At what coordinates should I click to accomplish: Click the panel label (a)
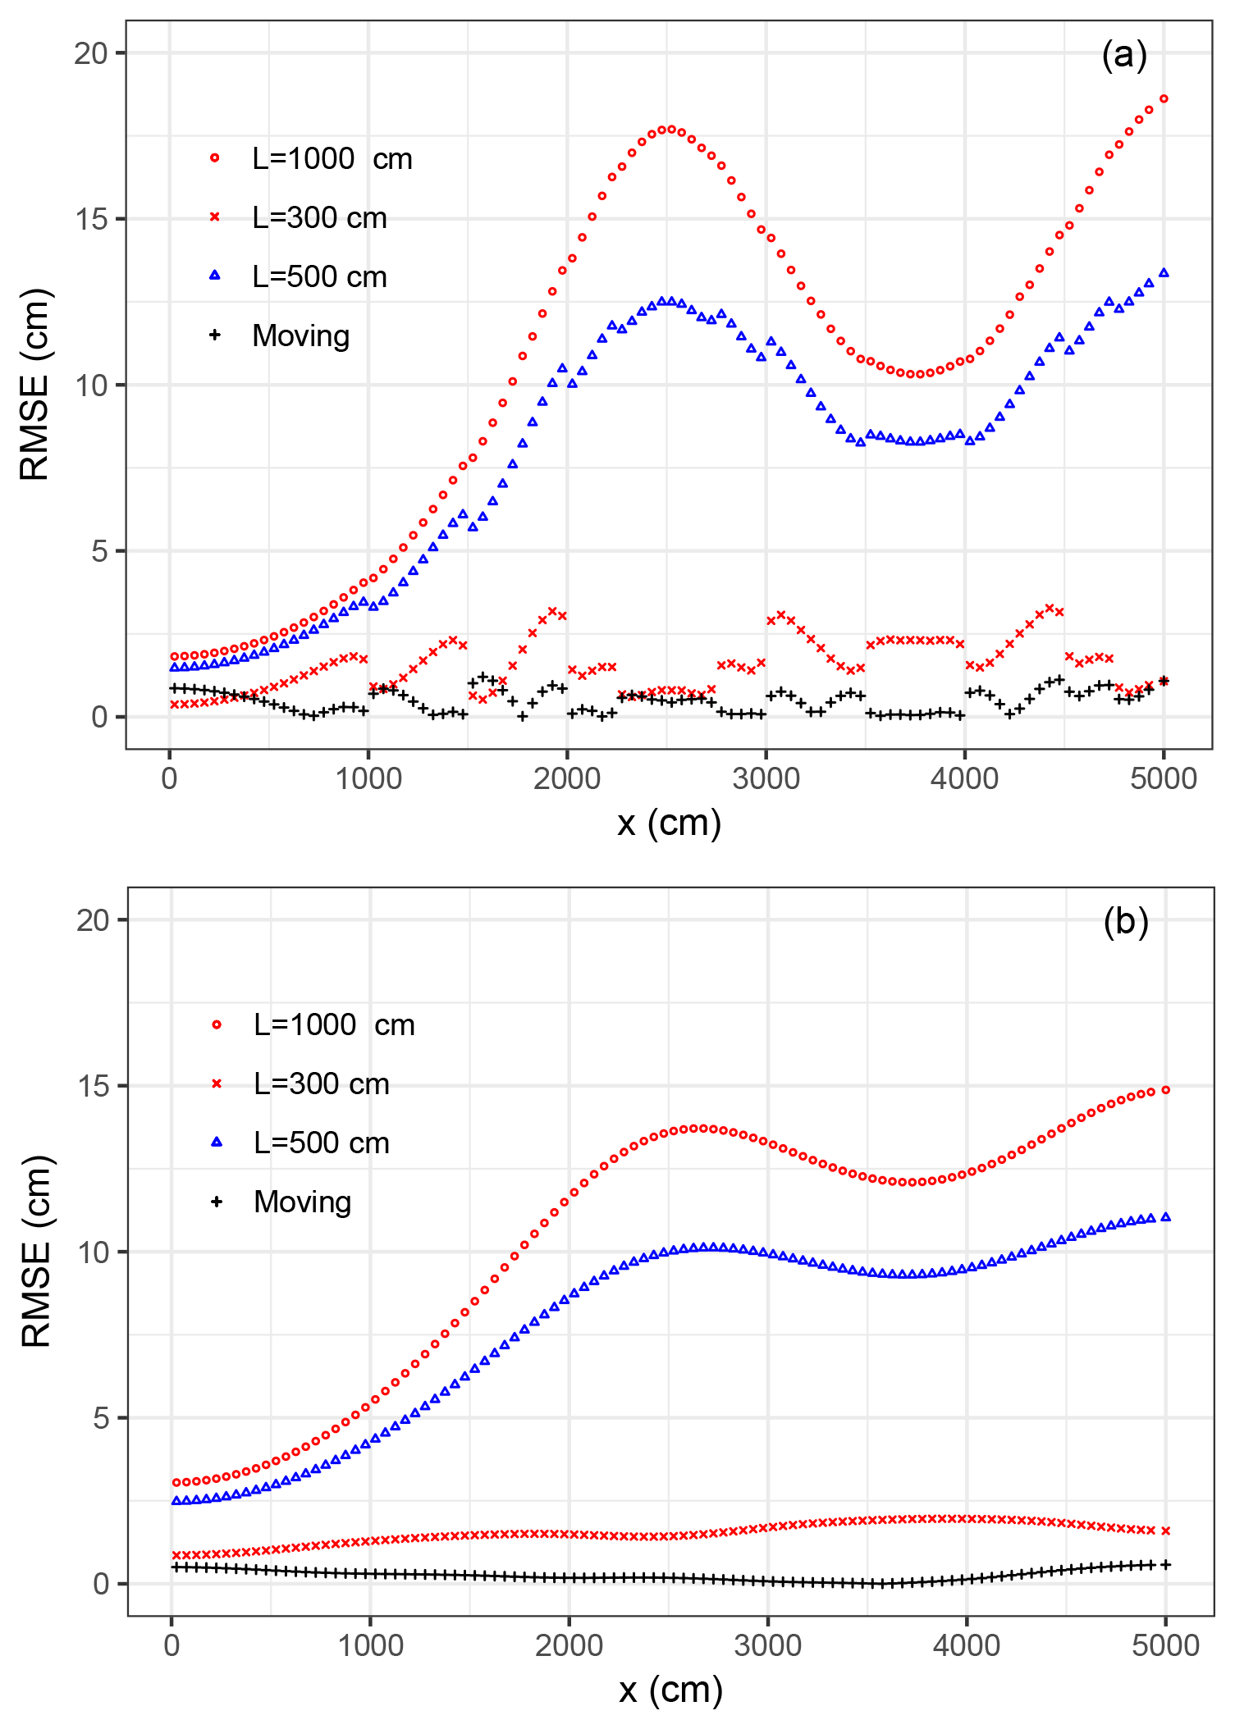(1124, 56)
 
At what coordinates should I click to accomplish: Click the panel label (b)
(1126, 922)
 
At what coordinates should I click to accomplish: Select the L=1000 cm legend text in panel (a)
(332, 159)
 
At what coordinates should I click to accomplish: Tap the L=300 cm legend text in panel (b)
(321, 1084)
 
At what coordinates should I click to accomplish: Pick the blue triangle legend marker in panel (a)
(215, 276)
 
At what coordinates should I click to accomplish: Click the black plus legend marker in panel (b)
(217, 1202)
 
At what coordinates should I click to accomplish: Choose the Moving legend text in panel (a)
(300, 335)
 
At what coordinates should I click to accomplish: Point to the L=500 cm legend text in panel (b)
(321, 1143)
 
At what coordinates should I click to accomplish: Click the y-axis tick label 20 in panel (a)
(91, 53)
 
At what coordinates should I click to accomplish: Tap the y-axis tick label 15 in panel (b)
(93, 1086)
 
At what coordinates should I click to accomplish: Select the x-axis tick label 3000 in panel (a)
(766, 778)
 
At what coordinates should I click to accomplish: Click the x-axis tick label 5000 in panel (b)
(1165, 1645)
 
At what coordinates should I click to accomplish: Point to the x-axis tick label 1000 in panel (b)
(370, 1645)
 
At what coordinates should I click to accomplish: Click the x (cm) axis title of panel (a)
(669, 823)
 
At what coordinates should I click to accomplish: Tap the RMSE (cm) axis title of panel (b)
(36, 1252)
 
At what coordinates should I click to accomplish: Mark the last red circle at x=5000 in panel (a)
(1164, 99)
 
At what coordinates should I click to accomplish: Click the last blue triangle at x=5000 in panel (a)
(1164, 273)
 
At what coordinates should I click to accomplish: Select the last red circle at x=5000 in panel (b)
(1165, 1090)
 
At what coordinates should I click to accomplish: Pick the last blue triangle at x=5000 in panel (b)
(1165, 1217)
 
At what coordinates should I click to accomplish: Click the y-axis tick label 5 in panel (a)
(99, 551)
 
